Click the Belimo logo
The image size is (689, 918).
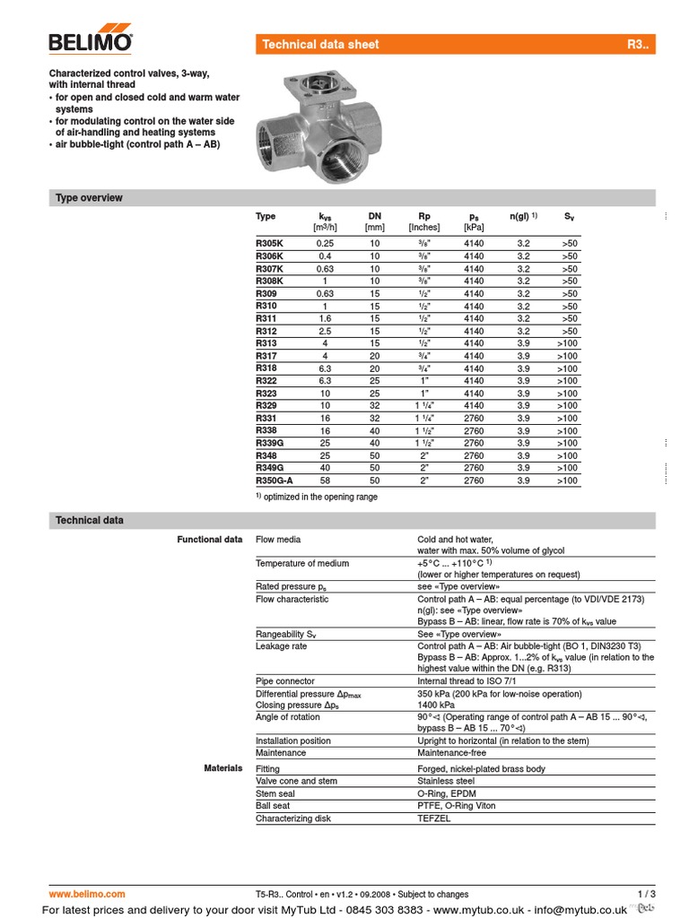pyautogui.click(x=91, y=40)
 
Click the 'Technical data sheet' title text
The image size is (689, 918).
pyautogui.click(x=320, y=45)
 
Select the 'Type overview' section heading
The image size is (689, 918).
pyautogui.click(x=89, y=198)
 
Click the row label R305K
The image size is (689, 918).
pyautogui.click(x=269, y=244)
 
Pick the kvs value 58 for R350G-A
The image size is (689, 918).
pyautogui.click(x=325, y=481)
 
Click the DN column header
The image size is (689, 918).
pyautogui.click(x=374, y=216)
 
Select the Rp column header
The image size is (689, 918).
pyautogui.click(x=424, y=216)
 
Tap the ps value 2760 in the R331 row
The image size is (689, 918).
pyautogui.click(x=474, y=419)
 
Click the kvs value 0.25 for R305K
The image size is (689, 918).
pyautogui.click(x=325, y=244)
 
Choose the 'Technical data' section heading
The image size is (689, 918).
pyautogui.click(x=90, y=521)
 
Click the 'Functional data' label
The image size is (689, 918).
pyautogui.click(x=209, y=540)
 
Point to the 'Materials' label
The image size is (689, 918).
pyautogui.click(x=222, y=768)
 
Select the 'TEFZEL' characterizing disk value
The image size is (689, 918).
pyautogui.click(x=436, y=818)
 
